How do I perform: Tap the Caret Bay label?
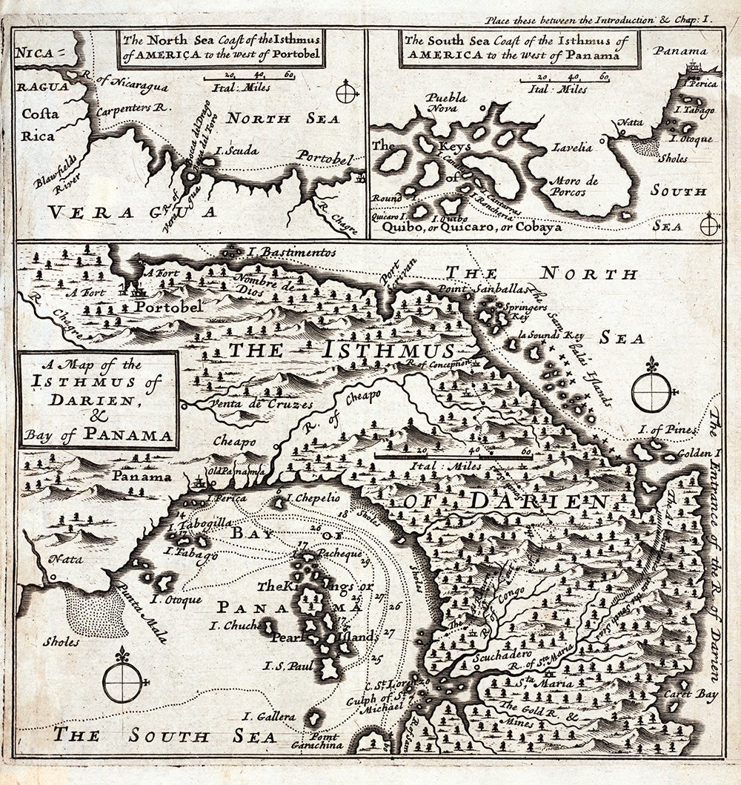pos(697,695)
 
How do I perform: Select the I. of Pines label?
pos(669,430)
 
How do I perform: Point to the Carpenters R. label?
pos(133,107)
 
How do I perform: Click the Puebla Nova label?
pos(446,103)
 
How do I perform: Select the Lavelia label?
pos(572,148)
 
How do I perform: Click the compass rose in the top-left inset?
pos(346,93)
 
